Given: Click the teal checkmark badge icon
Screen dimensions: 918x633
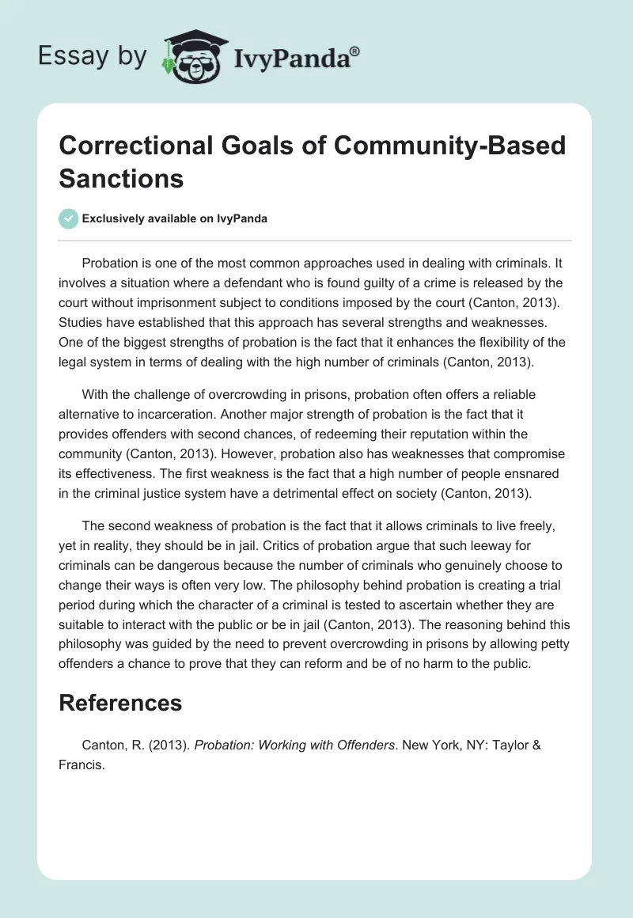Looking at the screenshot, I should (69, 218).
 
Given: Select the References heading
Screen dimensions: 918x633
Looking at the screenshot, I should (120, 703).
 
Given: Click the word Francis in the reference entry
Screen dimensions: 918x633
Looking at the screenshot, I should (81, 764).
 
